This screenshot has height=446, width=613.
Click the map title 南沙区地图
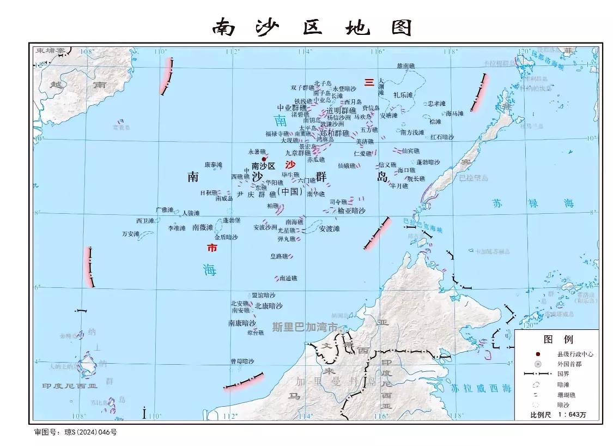tap(312, 26)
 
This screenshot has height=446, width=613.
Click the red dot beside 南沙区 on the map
tap(264, 159)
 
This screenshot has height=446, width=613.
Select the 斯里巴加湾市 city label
tap(304, 327)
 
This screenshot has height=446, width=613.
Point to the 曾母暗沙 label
tap(242, 361)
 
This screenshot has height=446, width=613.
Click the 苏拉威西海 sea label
tap(481, 388)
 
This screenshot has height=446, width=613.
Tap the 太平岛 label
tap(308, 128)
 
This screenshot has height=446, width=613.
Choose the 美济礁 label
tap(365, 142)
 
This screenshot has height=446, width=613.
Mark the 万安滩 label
tap(131, 234)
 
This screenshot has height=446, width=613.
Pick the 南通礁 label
tap(288, 279)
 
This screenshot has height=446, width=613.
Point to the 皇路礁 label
tap(279, 256)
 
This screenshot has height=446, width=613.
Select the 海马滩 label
tap(454, 113)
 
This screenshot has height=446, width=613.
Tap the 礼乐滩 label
tap(403, 95)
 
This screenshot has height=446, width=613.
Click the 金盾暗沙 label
tap(226, 237)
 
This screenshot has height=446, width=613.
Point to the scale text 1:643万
tap(571, 415)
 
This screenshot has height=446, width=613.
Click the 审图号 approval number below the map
tap(75, 432)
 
